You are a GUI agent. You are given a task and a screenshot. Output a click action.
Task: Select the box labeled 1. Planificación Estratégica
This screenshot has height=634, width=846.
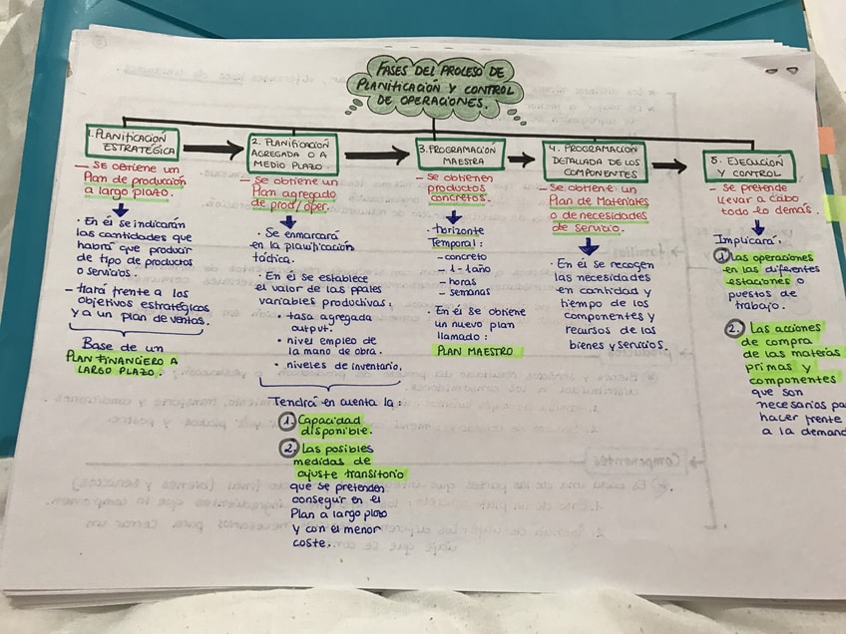pos(133,146)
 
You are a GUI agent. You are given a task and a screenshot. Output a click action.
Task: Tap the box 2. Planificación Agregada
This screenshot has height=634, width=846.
pos(292,151)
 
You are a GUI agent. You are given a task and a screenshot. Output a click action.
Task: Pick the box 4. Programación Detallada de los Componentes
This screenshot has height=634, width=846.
pos(595,160)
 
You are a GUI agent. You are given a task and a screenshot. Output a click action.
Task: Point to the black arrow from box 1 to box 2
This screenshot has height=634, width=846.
pos(212,150)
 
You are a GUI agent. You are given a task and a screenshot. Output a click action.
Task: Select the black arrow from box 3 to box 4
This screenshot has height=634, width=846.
pos(520,158)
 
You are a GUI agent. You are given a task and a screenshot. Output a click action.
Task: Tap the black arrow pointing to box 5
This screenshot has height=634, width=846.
pos(668,165)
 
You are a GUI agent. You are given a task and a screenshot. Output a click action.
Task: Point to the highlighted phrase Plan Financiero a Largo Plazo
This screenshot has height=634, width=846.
pos(121,362)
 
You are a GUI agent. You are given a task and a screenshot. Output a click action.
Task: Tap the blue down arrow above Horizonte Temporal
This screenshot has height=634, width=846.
pos(454,216)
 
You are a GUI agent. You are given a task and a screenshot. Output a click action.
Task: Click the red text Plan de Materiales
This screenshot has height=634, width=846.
pos(599,201)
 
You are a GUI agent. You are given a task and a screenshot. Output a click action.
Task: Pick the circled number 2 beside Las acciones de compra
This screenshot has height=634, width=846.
pos(734,328)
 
